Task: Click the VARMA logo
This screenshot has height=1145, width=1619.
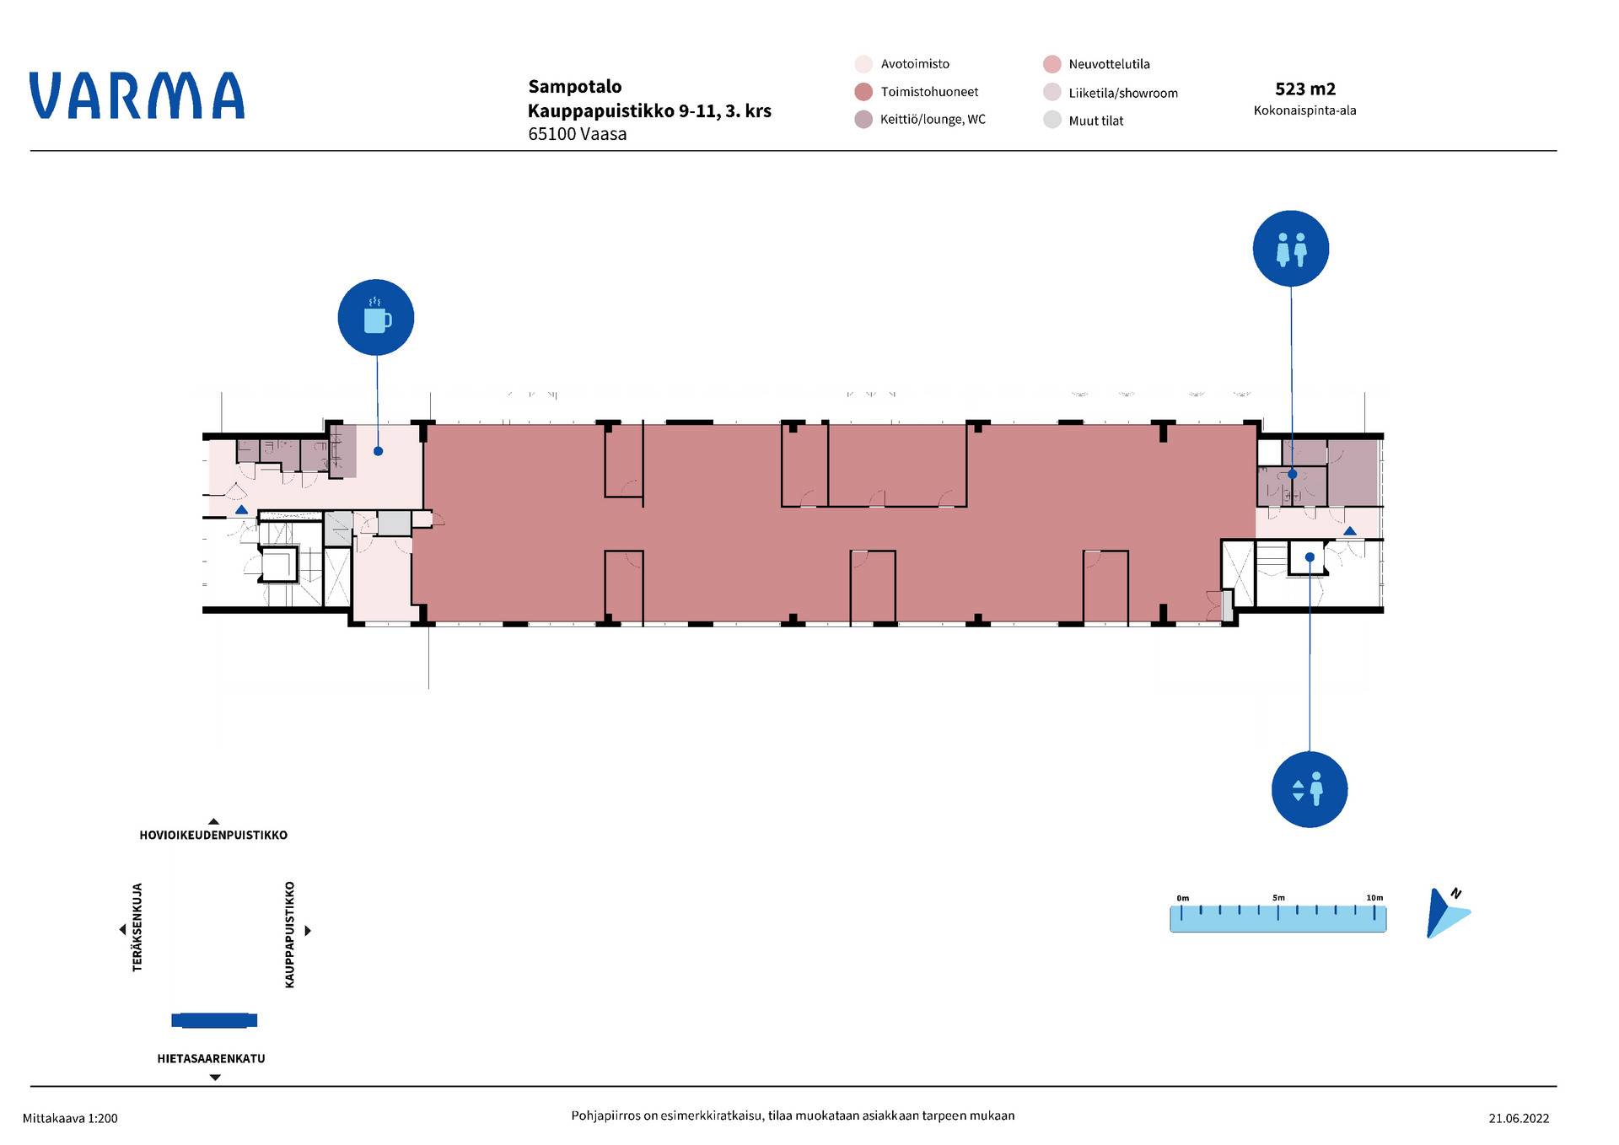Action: (137, 95)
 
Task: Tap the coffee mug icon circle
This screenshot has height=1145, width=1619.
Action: (376, 317)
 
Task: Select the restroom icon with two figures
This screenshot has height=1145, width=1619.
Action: (1291, 249)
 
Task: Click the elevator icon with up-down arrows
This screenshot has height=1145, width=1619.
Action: (1310, 789)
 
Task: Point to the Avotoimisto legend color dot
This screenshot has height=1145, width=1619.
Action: (863, 64)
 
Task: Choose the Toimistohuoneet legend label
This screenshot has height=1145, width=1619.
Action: (929, 92)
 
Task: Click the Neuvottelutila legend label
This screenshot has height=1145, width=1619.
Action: (1109, 64)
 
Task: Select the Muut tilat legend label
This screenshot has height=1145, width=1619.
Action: (1096, 121)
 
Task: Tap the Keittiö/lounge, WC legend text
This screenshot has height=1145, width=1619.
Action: (933, 120)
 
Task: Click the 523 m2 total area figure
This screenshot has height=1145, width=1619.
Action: (1305, 89)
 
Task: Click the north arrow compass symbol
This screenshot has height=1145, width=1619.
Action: (1447, 913)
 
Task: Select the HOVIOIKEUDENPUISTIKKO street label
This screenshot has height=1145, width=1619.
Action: (213, 835)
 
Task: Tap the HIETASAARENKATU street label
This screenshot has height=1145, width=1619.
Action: (211, 1058)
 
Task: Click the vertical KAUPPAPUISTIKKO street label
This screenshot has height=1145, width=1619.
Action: (290, 934)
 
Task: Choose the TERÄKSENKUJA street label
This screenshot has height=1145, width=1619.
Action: (137, 927)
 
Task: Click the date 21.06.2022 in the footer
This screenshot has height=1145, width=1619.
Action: (1519, 1119)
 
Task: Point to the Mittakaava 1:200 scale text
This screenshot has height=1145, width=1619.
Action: (70, 1119)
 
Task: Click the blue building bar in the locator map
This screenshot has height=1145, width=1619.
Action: (214, 1020)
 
